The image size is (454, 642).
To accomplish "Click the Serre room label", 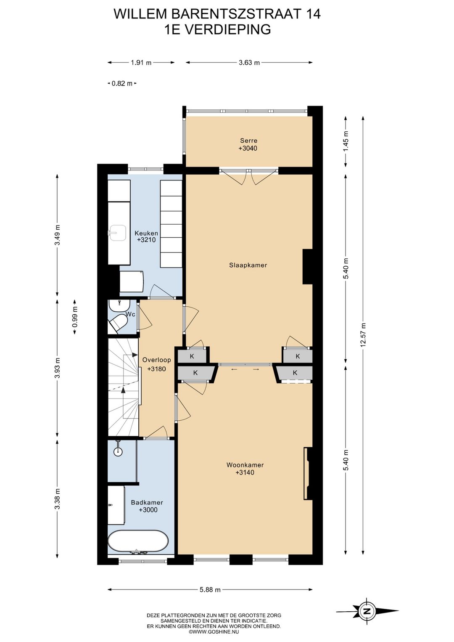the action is [x=248, y=141].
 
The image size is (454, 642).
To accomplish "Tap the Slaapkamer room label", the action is [x=248, y=265].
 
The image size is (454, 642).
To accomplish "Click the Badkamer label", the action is [x=147, y=502].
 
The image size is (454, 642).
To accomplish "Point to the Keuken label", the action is [x=146, y=233].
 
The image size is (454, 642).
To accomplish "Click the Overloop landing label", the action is [x=157, y=360].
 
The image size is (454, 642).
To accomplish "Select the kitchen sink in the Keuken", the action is [x=117, y=233].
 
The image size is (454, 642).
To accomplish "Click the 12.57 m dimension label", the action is [x=364, y=335].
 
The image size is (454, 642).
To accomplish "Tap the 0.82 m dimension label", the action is [x=122, y=83].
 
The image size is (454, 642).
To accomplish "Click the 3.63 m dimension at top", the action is [x=249, y=63].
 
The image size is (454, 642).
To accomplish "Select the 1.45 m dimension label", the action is [x=346, y=142].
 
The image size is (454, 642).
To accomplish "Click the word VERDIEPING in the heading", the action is [x=227, y=29].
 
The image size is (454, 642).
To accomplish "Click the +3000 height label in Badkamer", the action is [x=148, y=510].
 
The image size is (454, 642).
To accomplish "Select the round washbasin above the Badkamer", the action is [x=118, y=452].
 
